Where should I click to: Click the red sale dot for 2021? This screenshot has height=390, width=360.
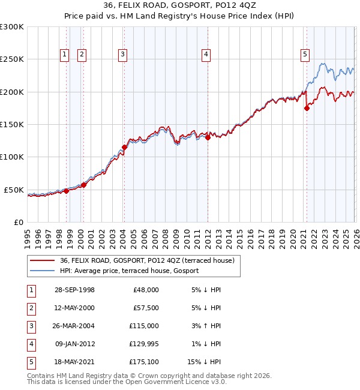tap(307, 109)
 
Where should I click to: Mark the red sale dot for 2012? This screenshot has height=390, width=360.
tap(208, 137)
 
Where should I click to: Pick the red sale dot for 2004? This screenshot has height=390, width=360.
tap(124, 147)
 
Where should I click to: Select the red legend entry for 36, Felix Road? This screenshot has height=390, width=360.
tap(150, 260)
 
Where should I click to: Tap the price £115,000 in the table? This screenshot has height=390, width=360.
tap(144, 326)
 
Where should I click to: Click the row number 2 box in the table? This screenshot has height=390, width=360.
tap(30, 308)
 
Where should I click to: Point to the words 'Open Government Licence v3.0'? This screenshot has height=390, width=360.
tap(173, 382)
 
